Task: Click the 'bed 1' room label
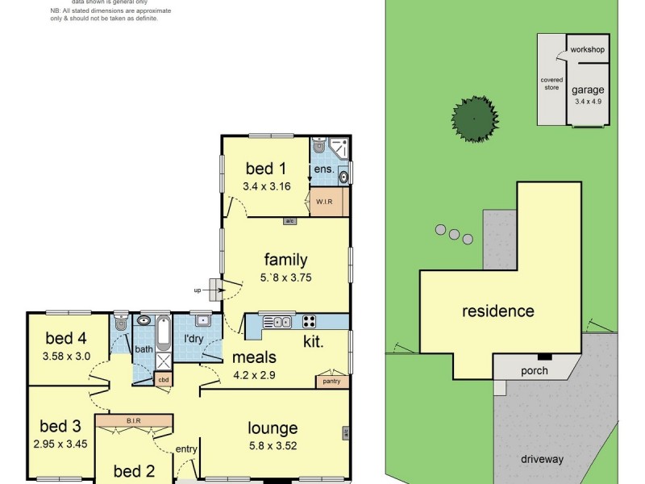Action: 265,169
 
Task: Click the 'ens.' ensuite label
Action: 324,169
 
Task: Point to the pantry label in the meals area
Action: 331,382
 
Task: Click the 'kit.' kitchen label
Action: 314,342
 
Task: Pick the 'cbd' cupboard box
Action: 163,379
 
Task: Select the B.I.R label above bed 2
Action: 134,419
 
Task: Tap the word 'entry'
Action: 186,449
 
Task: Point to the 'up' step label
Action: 198,290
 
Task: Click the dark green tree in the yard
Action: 472,119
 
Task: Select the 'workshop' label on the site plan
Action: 587,50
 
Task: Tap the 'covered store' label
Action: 551,84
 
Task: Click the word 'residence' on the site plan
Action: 497,311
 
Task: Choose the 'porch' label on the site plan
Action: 534,371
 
